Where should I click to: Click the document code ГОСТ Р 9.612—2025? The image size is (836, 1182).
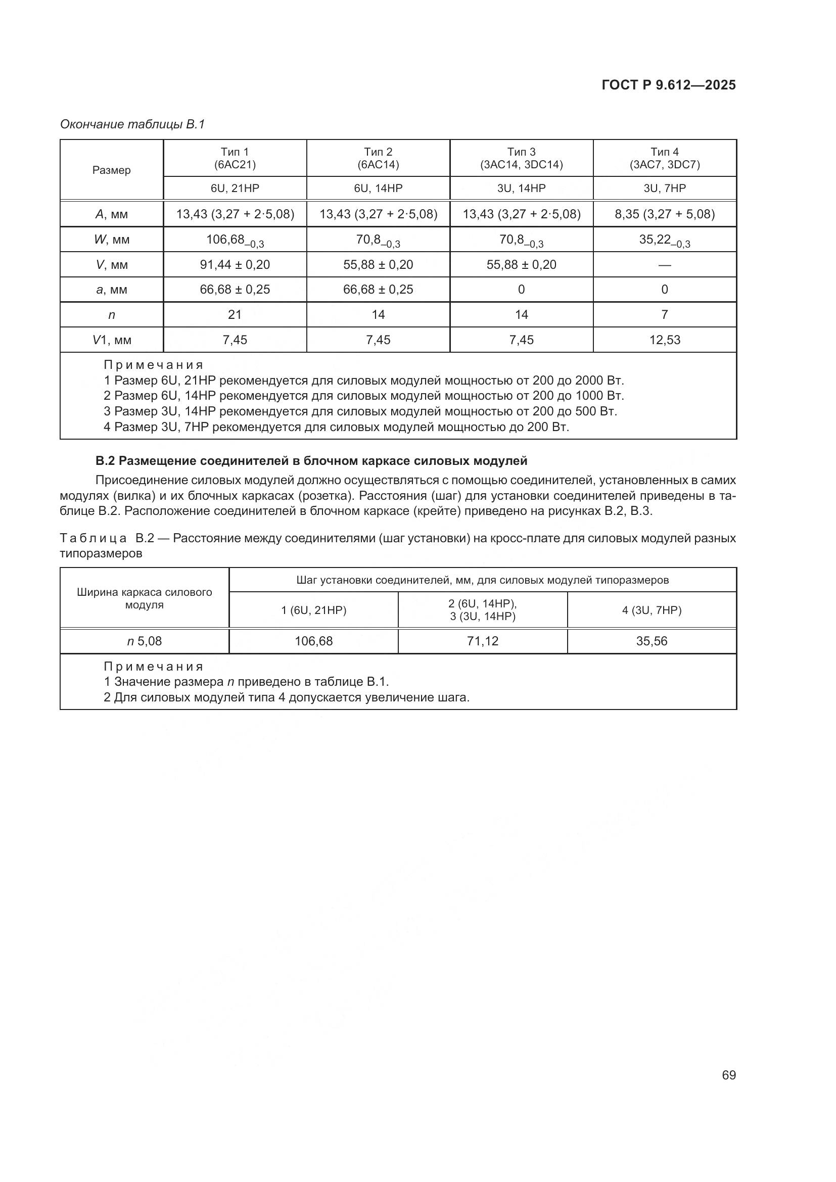(668, 85)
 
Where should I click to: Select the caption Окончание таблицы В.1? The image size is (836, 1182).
(132, 124)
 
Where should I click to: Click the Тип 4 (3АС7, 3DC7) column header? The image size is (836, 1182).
(664, 158)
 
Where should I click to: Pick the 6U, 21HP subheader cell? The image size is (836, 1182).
(235, 188)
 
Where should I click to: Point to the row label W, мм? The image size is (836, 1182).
(112, 240)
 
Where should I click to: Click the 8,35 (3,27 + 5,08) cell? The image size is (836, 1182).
(664, 214)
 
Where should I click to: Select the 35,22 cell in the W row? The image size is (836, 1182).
(664, 240)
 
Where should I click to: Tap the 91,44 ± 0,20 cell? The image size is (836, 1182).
(235, 265)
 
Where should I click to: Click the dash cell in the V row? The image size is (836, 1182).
(664, 265)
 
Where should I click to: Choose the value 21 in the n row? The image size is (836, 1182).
(235, 314)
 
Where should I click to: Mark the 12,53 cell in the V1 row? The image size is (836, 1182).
(664, 340)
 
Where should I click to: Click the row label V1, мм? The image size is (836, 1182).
(112, 340)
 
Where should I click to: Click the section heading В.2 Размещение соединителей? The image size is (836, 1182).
(311, 460)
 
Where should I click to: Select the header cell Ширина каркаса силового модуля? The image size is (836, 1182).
(144, 598)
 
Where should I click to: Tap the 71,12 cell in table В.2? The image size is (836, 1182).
(482, 641)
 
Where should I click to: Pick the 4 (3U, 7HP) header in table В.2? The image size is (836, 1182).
(651, 610)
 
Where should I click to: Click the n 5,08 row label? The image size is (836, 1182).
(144, 641)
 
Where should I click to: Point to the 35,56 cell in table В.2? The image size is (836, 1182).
(651, 641)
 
